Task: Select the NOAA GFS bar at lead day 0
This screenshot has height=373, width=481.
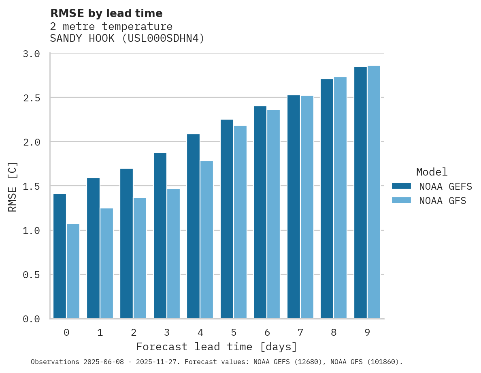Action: pyautogui.click(x=73, y=271)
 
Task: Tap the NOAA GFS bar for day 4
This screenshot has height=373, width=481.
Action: pyautogui.click(x=206, y=240)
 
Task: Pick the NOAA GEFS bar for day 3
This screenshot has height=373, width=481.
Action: pyautogui.click(x=160, y=236)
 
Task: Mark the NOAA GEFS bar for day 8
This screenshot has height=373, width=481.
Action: pyautogui.click(x=327, y=199)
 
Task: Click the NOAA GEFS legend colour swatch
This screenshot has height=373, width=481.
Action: pyautogui.click(x=401, y=186)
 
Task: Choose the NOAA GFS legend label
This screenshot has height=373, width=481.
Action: pyautogui.click(x=443, y=201)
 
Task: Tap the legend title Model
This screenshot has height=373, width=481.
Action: pyautogui.click(x=432, y=172)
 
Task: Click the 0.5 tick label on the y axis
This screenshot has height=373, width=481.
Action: pyautogui.click(x=31, y=275)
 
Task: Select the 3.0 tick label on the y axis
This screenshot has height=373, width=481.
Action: pyautogui.click(x=31, y=54)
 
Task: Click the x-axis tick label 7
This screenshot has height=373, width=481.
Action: pyautogui.click(x=300, y=333)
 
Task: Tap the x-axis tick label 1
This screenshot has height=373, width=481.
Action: pyautogui.click(x=100, y=333)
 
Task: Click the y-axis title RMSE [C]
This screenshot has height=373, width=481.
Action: pyautogui.click(x=13, y=186)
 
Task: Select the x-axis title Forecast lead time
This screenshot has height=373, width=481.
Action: pyautogui.click(x=217, y=347)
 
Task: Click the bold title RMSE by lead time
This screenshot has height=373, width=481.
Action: pyautogui.click(x=106, y=13)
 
